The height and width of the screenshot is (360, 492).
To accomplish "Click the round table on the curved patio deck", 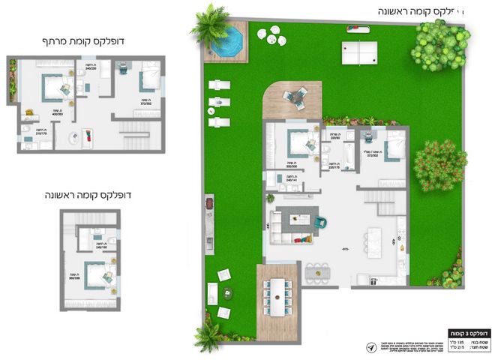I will click(299, 95).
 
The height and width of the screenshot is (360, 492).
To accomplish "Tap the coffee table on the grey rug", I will click(299, 220).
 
